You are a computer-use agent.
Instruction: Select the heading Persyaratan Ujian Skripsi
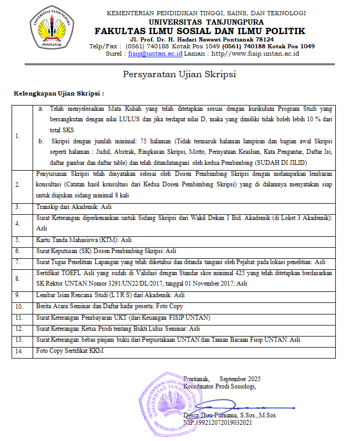pyautogui.click(x=179, y=74)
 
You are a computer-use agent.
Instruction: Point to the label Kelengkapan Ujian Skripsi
pyautogui.click(x=58, y=93)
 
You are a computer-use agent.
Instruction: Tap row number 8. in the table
pyautogui.click(x=18, y=279)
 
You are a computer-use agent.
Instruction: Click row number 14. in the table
pyautogui.click(x=19, y=351)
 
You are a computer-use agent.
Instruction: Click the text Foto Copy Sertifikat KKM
pyautogui.click(x=69, y=351)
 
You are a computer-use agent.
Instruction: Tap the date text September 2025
pyautogui.click(x=240, y=379)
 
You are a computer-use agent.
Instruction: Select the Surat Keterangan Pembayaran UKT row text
pyautogui.click(x=123, y=317)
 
